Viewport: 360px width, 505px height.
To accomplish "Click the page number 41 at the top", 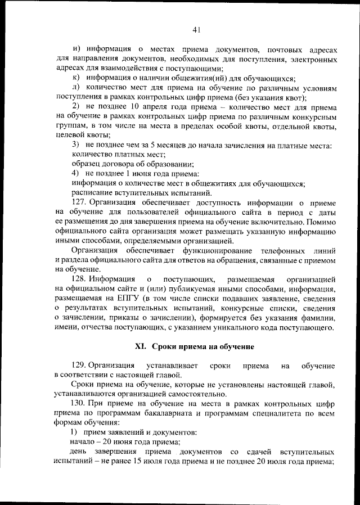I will tap(196, 30).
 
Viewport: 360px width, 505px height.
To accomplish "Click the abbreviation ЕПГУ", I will tap(124, 298).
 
